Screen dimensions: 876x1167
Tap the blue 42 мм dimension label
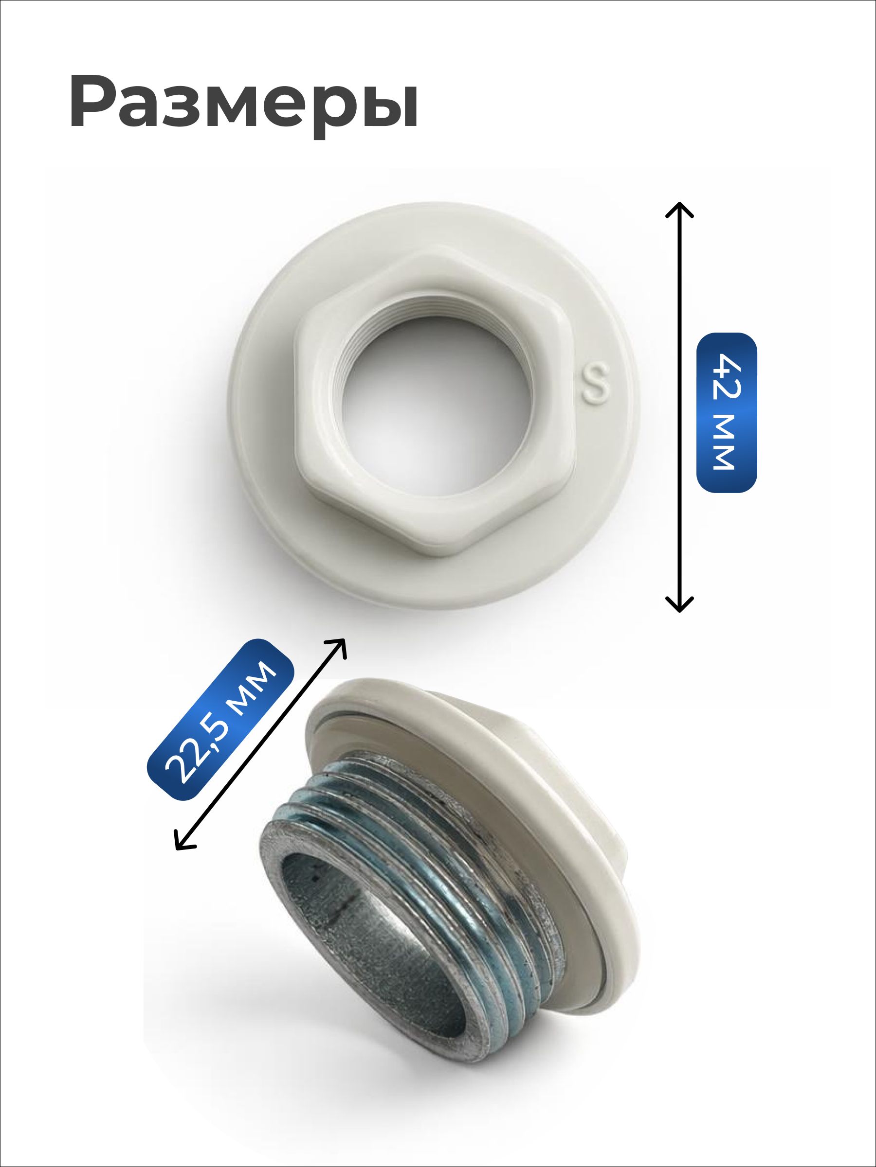point(727,412)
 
